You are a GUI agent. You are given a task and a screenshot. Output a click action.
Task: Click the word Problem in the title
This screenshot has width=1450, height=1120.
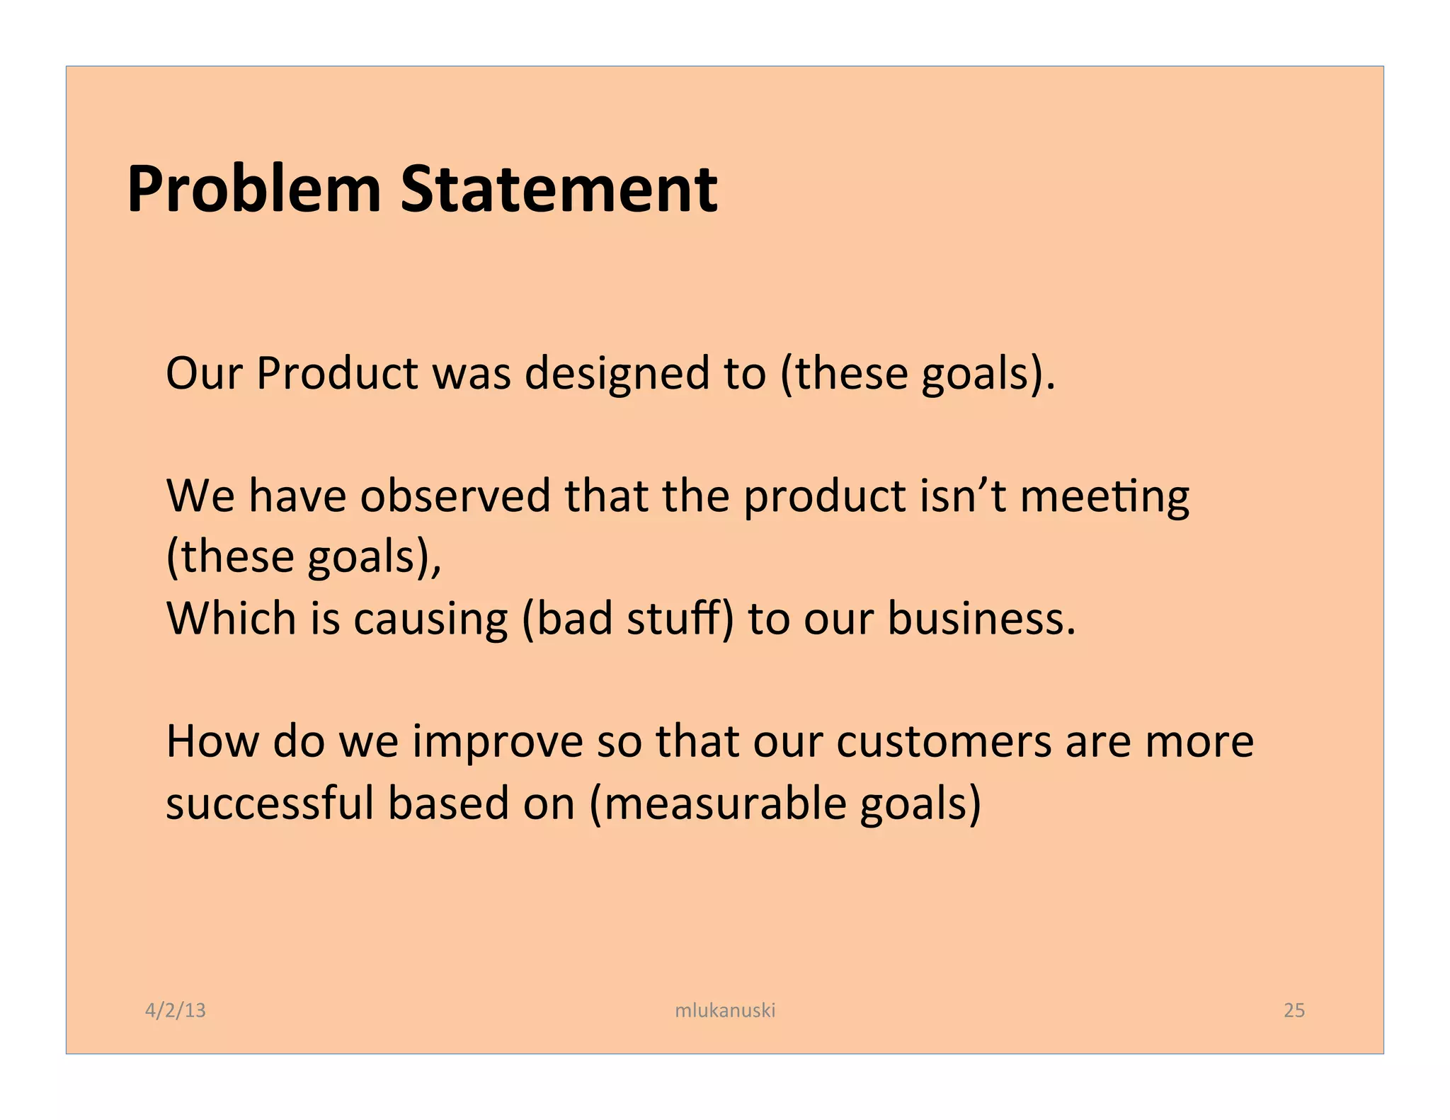pos(254,189)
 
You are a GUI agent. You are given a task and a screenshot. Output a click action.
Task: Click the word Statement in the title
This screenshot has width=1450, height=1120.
pos(559,189)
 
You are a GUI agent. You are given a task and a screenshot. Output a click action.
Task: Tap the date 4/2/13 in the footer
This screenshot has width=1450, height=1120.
pos(175,1010)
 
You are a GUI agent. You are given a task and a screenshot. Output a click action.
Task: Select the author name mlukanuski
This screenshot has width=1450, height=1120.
pos(725,1010)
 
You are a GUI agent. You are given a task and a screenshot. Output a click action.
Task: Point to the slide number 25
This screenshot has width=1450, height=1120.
pos(1294,1010)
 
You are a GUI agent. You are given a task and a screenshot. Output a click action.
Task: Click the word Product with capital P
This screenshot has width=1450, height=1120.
pos(337,373)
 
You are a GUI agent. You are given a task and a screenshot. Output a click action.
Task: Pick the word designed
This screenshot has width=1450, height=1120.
pos(617,375)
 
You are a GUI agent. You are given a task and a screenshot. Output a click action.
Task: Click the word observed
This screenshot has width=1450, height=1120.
pos(455,496)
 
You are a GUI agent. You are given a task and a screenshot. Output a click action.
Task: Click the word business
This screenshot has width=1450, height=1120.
pos(981,618)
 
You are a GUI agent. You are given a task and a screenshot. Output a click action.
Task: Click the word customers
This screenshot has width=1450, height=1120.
pos(944,741)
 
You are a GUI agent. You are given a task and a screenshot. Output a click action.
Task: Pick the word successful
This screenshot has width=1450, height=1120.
pos(270,803)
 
